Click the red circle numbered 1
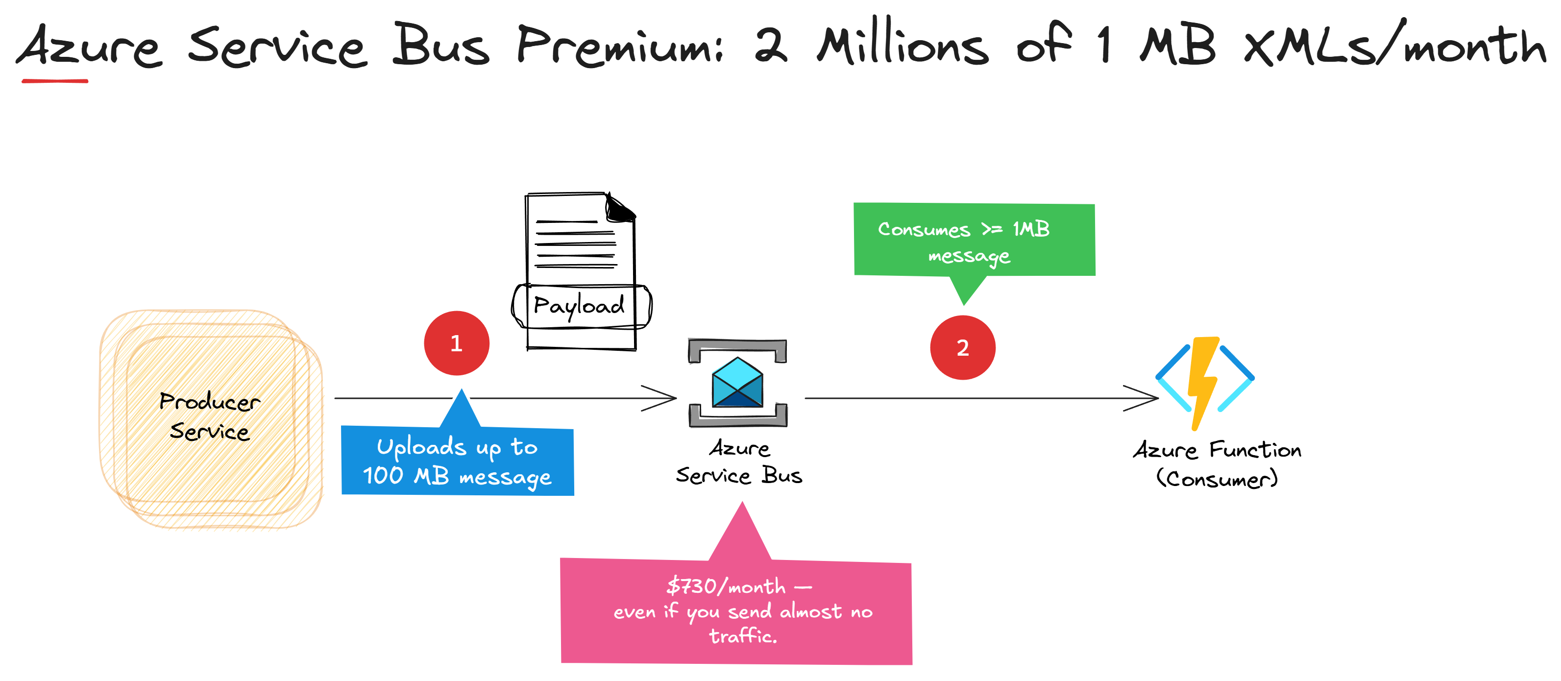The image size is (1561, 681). click(x=456, y=343)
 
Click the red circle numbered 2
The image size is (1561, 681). click(x=962, y=347)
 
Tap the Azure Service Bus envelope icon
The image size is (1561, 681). click(x=737, y=383)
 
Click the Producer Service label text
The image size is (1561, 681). click(x=210, y=416)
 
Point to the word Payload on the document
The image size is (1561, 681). click(x=579, y=305)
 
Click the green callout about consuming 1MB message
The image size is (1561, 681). click(x=974, y=241)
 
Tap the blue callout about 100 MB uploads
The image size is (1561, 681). click(x=458, y=462)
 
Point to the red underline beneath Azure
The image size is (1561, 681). click(x=54, y=80)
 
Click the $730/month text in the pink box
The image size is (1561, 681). click(x=725, y=586)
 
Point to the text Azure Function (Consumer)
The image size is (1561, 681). click(x=1217, y=464)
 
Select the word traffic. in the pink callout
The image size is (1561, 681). click(x=742, y=635)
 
